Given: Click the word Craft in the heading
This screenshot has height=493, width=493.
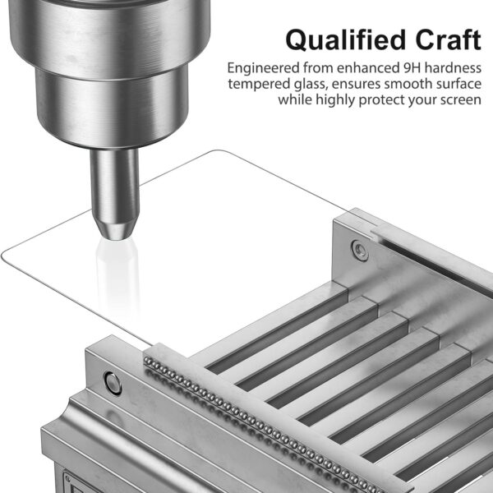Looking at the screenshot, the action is [448, 39].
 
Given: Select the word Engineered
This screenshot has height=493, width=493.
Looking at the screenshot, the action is [264, 68].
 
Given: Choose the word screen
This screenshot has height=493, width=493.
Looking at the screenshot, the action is [461, 100].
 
